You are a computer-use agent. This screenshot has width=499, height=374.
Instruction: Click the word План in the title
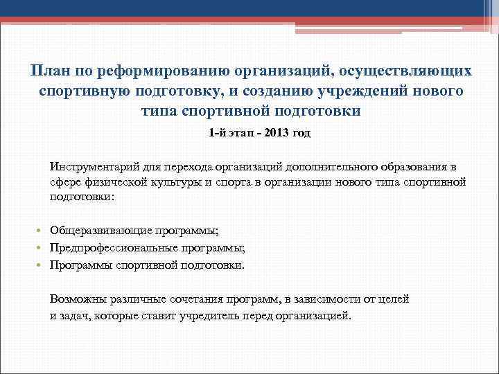[x=49, y=71]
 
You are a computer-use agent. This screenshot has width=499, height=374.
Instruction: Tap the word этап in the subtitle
[x=234, y=134]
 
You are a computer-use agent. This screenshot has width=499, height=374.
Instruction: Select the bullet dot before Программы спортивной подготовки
[x=42, y=265]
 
